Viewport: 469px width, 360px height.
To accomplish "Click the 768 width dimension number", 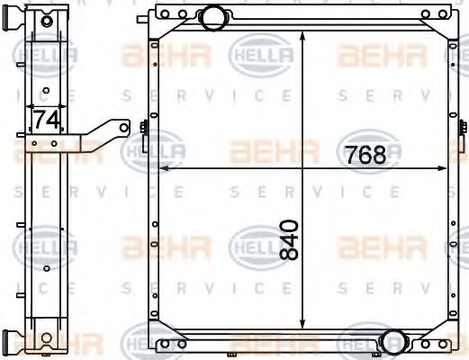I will point(365,154).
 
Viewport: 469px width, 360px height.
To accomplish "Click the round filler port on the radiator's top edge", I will point(213,15).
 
